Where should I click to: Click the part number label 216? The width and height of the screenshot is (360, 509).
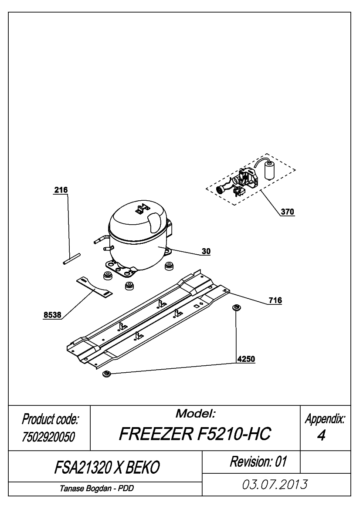coord(61,190)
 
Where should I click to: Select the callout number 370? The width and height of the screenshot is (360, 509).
coord(287,212)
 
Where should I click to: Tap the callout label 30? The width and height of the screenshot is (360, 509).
coord(206,251)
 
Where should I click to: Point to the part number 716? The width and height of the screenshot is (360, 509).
coord(275,300)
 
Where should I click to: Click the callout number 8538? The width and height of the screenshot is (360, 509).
coord(52,315)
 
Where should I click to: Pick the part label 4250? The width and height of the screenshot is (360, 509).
coord(246,359)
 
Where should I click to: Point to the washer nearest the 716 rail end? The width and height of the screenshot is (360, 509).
coord(236,307)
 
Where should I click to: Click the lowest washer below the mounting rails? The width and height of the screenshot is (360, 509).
coord(107,374)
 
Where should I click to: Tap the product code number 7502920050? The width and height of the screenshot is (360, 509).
coord(48,437)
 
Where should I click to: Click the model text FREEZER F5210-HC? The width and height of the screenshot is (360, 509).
coord(195,434)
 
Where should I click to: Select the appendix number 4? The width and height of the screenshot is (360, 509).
coord(321,436)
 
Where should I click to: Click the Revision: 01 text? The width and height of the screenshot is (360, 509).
coord(258,461)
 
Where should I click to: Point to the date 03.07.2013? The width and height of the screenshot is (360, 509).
coord(275,485)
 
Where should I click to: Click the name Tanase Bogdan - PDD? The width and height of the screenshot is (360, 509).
coord(96,489)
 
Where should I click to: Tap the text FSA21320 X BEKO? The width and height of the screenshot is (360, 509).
coord(107,468)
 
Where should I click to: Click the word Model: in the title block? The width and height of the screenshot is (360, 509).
coord(195,414)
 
